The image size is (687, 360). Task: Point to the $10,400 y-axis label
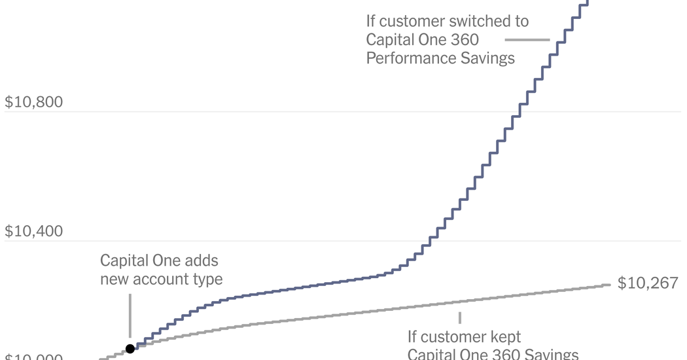point(33,232)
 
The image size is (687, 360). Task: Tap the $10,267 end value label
point(648,283)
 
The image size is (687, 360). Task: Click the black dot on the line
point(130,349)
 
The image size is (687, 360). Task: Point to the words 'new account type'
point(161,279)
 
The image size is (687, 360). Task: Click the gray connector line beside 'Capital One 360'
point(536,40)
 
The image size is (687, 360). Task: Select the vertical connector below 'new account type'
point(130,308)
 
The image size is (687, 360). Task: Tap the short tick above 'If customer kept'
point(460,317)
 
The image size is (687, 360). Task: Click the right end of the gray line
point(608,284)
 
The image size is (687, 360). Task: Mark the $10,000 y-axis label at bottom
point(33,357)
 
